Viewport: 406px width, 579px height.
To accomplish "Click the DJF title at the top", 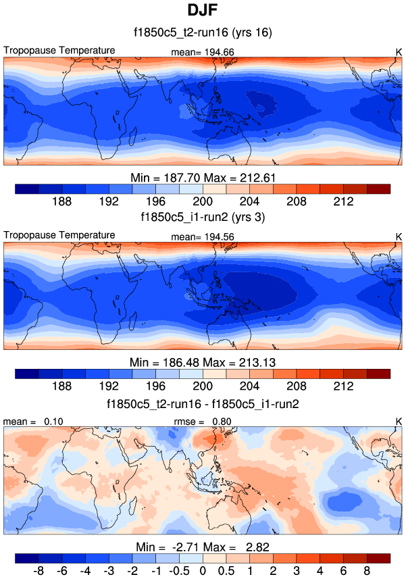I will pos(203,11).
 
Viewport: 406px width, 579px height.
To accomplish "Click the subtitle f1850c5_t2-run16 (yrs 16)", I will pos(203,32).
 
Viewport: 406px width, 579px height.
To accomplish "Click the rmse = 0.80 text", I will pos(203,422).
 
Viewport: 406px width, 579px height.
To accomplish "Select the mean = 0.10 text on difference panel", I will pos(31,422).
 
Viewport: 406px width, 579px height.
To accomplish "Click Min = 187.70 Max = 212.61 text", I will pos(203,178).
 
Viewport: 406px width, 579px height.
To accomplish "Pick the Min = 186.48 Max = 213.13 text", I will pos(203,362).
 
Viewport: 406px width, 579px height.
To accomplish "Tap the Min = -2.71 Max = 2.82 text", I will pos(203,547).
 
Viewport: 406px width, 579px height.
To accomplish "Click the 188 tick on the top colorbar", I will pos(61,201).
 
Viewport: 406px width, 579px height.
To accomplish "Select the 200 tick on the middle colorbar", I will pos(203,386).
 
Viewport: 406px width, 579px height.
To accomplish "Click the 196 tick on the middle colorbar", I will pos(155,386).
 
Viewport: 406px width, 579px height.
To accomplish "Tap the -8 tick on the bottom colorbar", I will pos(38,571).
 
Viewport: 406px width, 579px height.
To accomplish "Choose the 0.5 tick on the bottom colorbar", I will pos(226,571).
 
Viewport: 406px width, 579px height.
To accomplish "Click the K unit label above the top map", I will pos(399,51).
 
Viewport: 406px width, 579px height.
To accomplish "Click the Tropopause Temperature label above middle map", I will pos(59,235).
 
